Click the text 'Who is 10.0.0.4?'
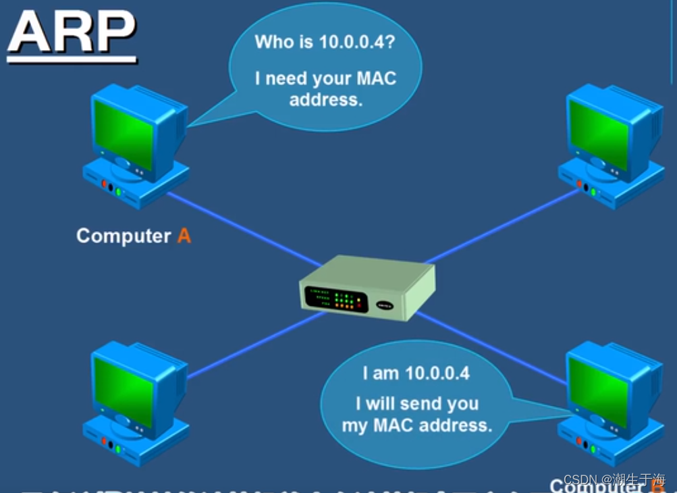[x=325, y=41]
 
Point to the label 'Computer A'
[x=133, y=236]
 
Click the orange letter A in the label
[x=184, y=236]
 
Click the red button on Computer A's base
[x=104, y=184]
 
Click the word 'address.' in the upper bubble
[x=326, y=100]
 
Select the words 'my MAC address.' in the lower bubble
[x=416, y=425]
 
